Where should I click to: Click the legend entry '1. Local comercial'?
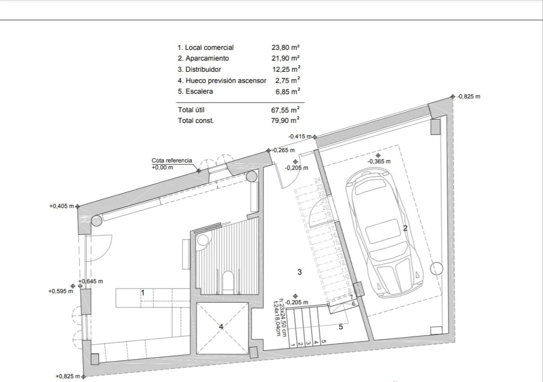coord(205,48)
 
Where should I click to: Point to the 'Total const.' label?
coord(196,121)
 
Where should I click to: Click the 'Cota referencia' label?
coord(172,161)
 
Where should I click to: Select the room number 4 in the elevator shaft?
coord(221,327)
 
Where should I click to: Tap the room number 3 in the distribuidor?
coord(300,272)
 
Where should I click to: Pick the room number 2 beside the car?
coord(405,228)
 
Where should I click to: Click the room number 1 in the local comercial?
coord(143,293)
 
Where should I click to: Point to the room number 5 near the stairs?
coord(341,327)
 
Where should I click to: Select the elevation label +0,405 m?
coord(62,206)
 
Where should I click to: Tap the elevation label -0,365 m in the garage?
coord(379,162)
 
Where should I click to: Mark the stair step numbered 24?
coord(318,180)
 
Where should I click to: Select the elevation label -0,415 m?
coord(299,136)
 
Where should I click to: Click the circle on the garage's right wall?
coord(436,269)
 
